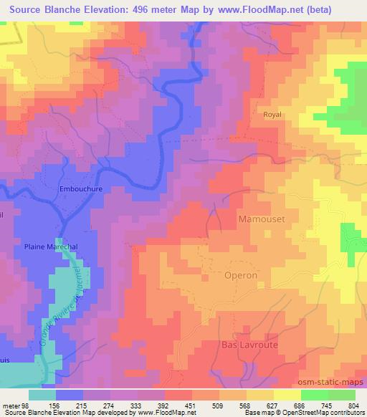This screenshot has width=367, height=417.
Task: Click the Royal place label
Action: click(x=273, y=115)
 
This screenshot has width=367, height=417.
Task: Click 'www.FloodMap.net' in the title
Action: click(x=278, y=9)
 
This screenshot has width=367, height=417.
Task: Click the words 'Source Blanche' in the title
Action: click(x=42, y=9)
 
